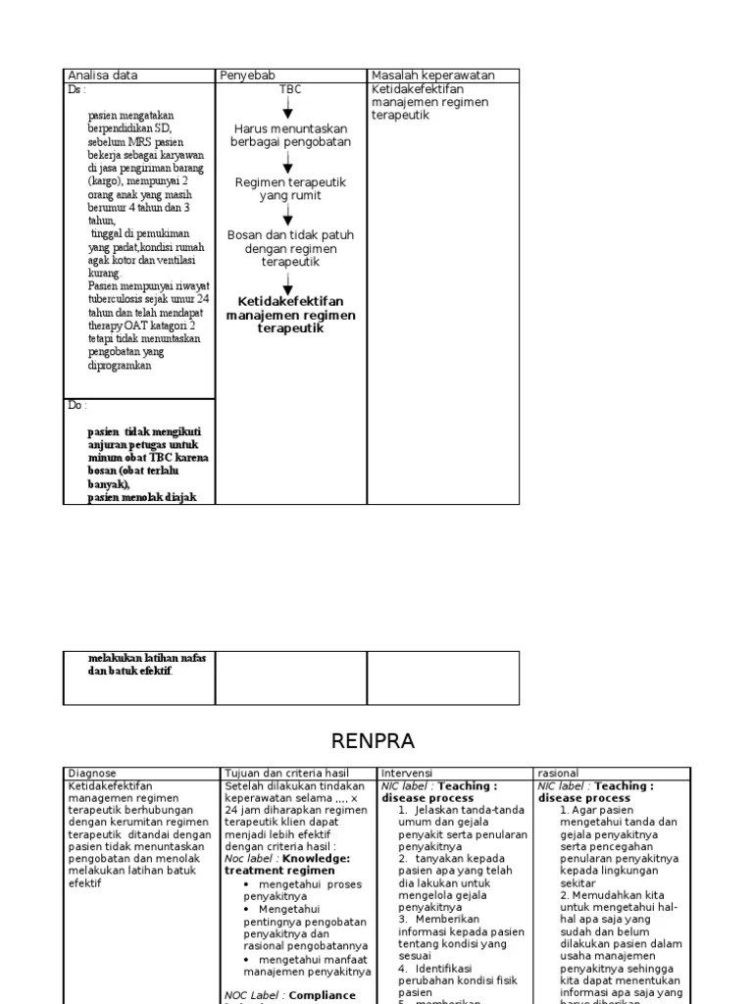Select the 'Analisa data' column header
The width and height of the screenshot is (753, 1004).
click(102, 75)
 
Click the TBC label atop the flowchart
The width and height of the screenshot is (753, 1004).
click(290, 89)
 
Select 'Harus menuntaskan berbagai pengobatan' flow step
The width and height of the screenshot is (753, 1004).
click(290, 135)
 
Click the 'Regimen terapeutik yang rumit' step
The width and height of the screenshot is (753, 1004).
click(290, 188)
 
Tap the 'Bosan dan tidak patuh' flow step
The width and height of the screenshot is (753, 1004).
click(290, 249)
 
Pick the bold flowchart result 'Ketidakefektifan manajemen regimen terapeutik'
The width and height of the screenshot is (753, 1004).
click(290, 315)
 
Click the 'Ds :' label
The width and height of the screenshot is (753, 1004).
click(76, 89)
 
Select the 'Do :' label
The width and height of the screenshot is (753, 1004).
click(77, 405)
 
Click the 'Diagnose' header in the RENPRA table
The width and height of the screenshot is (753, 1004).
click(92, 774)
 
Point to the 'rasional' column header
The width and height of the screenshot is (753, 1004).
click(559, 774)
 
